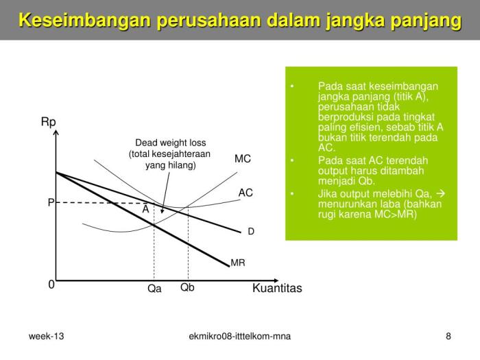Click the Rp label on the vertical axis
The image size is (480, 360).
48,122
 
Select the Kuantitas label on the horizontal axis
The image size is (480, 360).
277,288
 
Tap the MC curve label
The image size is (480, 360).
243,159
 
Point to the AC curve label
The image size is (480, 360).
245,193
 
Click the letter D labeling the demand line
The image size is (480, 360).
251,232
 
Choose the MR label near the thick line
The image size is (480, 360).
238,263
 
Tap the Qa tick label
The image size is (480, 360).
154,289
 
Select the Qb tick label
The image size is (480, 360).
187,287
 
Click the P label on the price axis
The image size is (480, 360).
51,203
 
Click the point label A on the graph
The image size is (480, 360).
145,210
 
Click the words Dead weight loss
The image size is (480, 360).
170,143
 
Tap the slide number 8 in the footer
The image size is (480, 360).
448,336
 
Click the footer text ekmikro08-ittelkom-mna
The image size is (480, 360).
239,336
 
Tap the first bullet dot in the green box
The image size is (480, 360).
292,87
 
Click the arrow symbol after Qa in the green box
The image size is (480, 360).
441,194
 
